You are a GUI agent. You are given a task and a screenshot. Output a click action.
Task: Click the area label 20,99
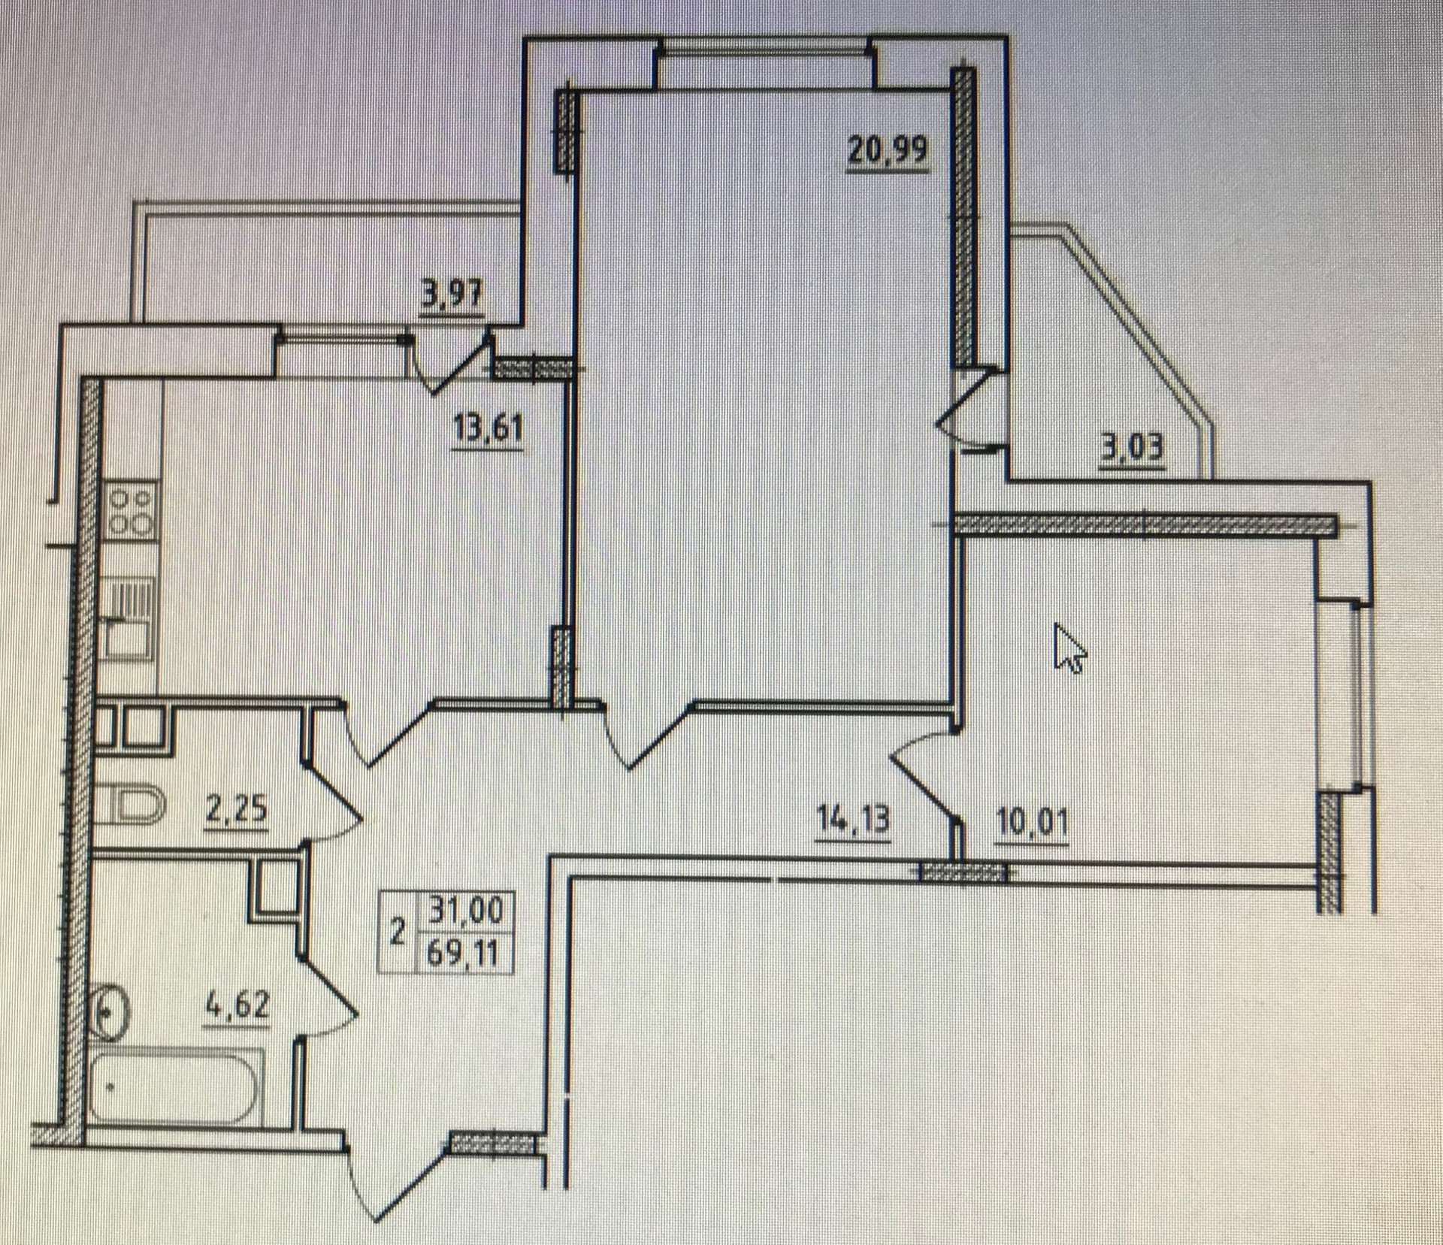point(888,150)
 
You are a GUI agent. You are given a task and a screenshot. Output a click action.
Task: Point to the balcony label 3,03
point(1132,449)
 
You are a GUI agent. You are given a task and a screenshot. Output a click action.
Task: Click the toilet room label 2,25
point(236,811)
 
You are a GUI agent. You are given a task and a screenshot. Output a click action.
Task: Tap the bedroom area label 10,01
point(1032,823)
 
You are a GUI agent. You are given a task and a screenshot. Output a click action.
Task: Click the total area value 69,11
point(463,954)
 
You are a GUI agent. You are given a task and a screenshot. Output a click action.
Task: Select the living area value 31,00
point(464,911)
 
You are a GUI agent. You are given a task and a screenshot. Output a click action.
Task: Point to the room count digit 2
point(398,933)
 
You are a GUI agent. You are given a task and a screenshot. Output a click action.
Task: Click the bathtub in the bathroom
point(175,1086)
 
